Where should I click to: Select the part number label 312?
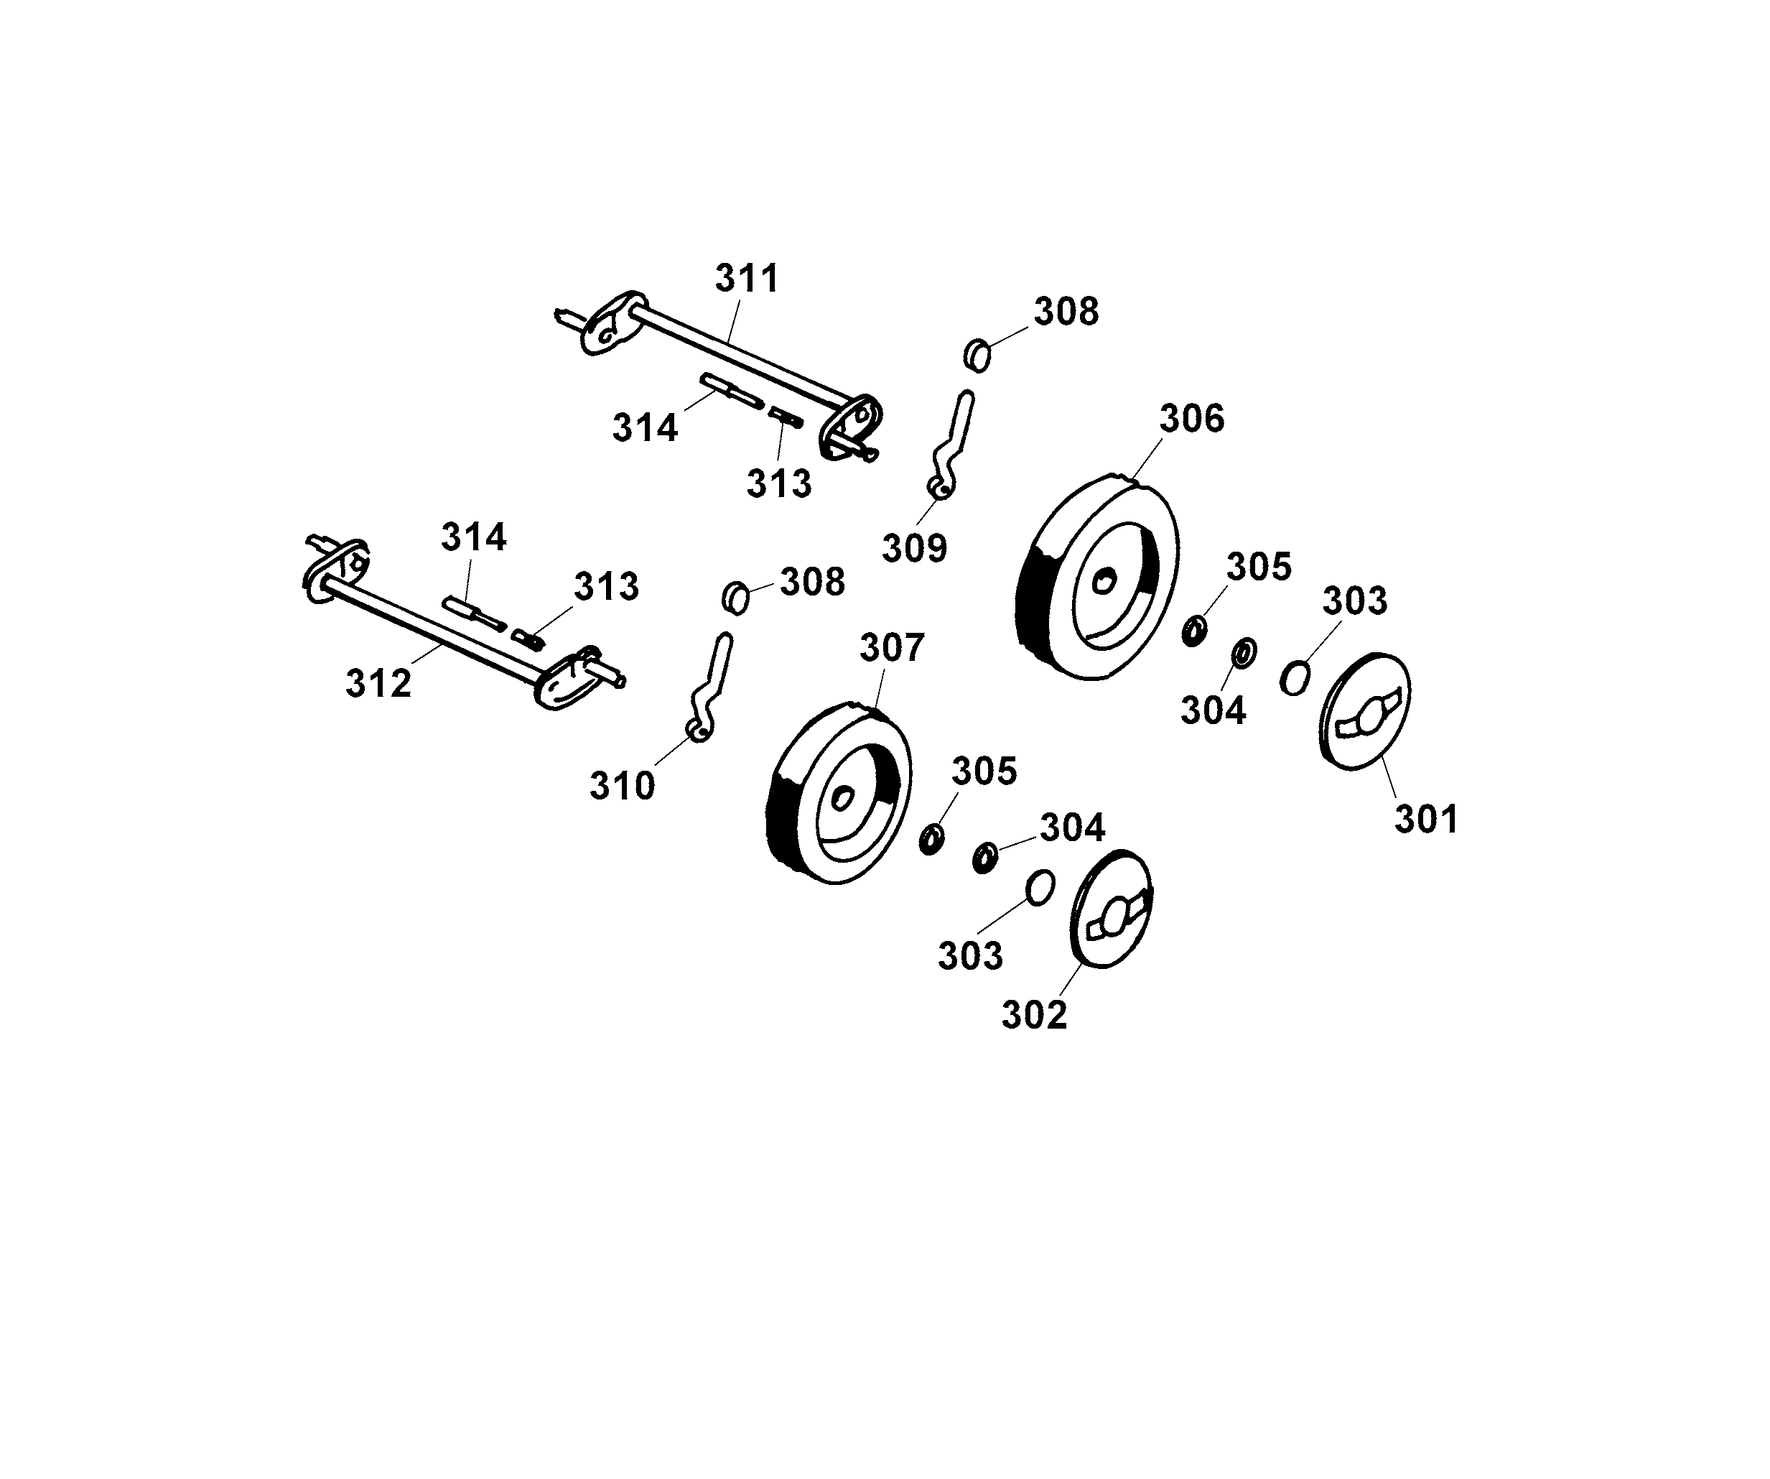378,684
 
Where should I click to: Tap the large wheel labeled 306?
1095,578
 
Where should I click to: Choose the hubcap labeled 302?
1110,909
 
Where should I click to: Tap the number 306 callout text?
1191,419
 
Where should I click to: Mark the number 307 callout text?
892,649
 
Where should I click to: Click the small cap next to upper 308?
977,355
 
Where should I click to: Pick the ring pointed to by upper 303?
1295,679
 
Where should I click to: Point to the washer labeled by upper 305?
1193,631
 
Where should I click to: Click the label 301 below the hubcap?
1426,820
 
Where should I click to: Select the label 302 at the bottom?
1034,1015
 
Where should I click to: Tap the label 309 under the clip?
915,549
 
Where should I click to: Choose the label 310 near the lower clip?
622,787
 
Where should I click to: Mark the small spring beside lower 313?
528,639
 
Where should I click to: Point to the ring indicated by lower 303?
1040,889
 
